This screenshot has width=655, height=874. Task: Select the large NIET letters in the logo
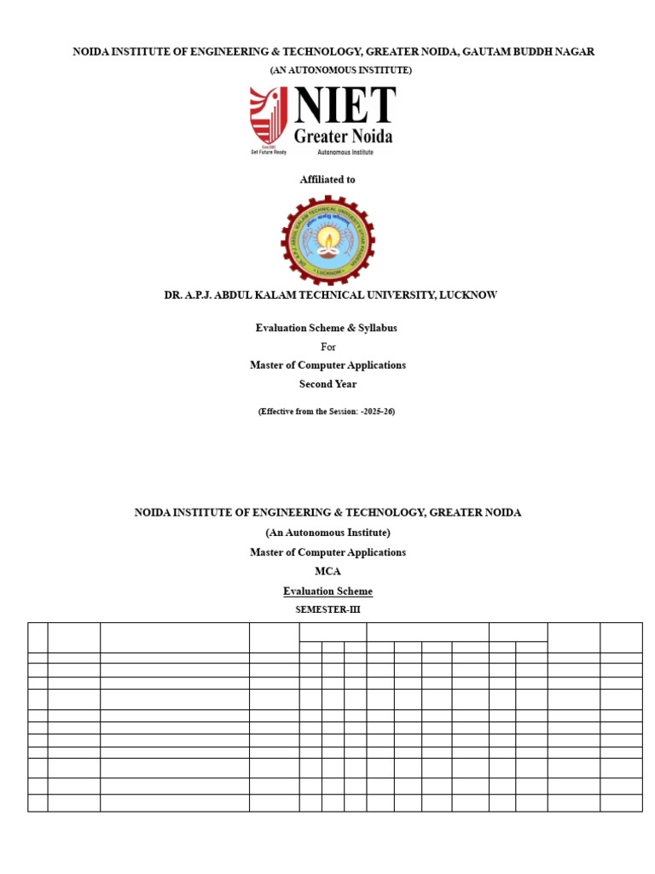pos(345,106)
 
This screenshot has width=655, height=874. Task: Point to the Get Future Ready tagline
pos(268,152)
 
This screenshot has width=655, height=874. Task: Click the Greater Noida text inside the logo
pos(344,137)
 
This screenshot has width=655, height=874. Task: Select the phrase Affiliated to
pos(327,180)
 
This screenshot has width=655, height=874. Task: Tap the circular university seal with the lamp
pos(327,241)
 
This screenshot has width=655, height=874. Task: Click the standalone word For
pos(328,347)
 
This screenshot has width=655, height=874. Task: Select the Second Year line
pos(327,384)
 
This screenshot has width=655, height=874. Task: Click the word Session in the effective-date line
pos(340,411)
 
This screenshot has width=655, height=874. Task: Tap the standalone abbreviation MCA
pos(327,572)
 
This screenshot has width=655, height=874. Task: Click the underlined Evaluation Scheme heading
pos(327,591)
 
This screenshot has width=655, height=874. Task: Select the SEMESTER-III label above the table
pos(327,609)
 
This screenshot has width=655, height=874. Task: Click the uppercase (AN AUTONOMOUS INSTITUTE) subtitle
pos(341,70)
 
